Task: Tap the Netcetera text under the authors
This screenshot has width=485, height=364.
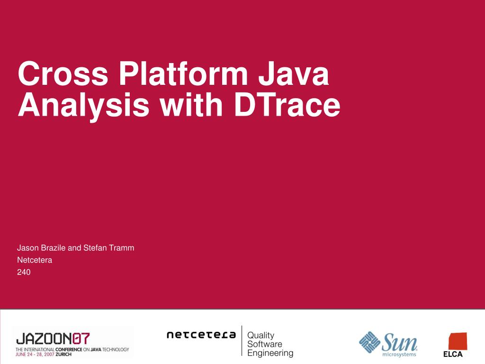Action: [x=35, y=260]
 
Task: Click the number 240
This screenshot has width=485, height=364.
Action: [x=24, y=272]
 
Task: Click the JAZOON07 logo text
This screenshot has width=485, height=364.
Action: [x=52, y=338]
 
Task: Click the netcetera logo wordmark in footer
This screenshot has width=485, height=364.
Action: [x=201, y=335]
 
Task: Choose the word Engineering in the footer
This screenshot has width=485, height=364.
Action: [x=270, y=353]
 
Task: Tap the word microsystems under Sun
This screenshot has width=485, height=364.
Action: [x=399, y=354]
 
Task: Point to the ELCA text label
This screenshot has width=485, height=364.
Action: [x=452, y=355]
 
